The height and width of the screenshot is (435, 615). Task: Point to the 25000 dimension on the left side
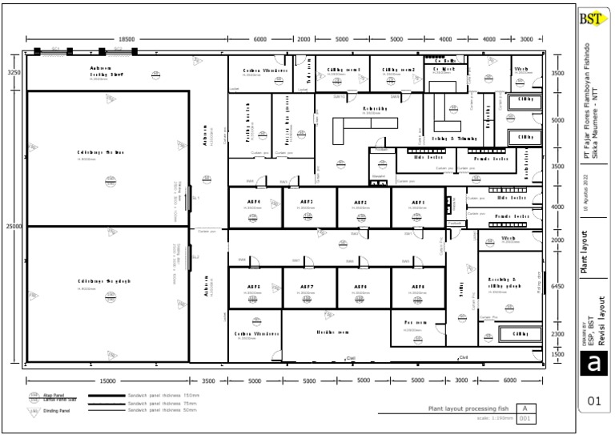(14, 227)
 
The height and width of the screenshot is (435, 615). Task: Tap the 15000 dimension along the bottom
(107, 381)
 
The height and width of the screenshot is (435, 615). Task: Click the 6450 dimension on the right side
(559, 286)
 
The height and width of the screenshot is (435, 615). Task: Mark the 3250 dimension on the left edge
(14, 73)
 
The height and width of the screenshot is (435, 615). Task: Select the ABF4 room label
(254, 203)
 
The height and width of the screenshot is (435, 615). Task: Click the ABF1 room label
(417, 203)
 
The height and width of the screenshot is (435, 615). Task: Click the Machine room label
(332, 332)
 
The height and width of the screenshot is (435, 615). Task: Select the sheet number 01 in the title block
(593, 401)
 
